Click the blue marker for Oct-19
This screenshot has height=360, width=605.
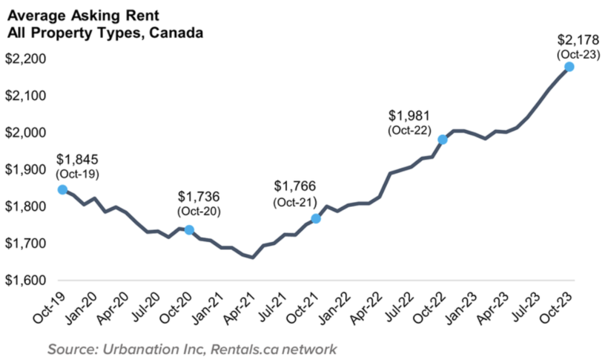pyautogui.click(x=62, y=190)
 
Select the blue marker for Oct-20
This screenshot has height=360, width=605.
pyautogui.click(x=189, y=229)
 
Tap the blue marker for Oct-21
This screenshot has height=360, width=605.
pyautogui.click(x=315, y=218)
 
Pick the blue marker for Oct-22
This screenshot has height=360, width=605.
pyautogui.click(x=443, y=140)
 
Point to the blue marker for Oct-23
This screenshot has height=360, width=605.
pyautogui.click(x=569, y=67)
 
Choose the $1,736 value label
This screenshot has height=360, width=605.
pyautogui.click(x=199, y=197)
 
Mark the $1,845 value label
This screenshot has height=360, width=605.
pyautogui.click(x=77, y=160)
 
